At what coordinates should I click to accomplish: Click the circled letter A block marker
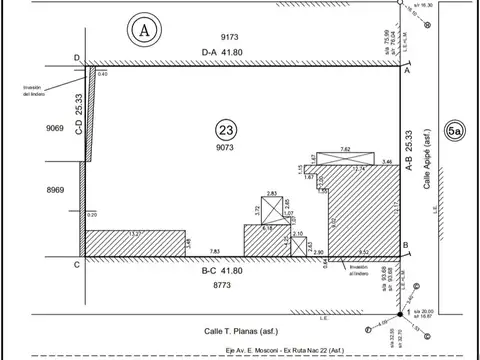click(x=145, y=31)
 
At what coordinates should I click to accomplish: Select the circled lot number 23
click(x=227, y=129)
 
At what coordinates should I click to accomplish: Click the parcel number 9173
click(x=231, y=37)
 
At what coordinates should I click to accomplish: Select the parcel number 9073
click(x=229, y=148)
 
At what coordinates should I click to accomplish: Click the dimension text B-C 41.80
click(x=223, y=270)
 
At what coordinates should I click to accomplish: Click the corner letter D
click(x=77, y=60)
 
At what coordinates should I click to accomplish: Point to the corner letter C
click(x=77, y=264)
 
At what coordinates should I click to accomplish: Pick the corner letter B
click(x=405, y=245)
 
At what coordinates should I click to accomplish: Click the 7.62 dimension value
click(x=346, y=149)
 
